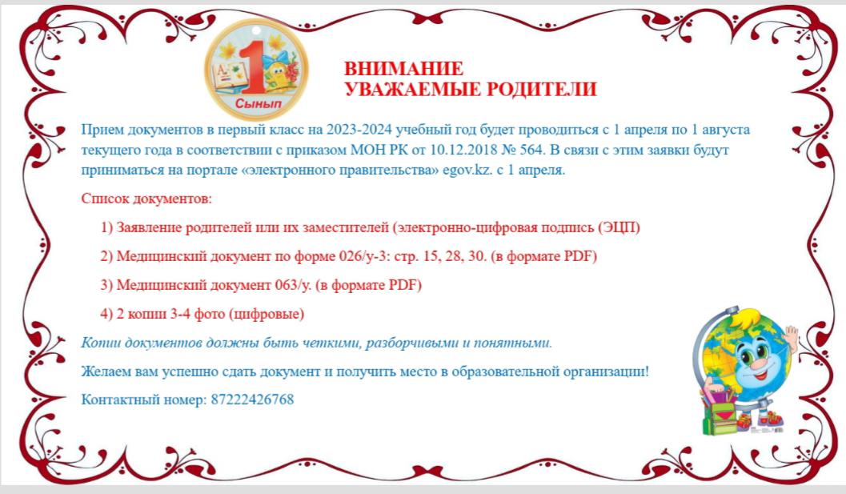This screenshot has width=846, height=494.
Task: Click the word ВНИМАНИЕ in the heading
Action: coord(403,69)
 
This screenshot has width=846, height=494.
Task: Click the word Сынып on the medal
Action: coord(259,102)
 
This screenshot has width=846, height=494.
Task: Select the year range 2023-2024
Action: coord(359,131)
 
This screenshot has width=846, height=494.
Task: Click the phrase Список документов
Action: coord(146,199)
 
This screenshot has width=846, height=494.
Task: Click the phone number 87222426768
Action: coord(252,400)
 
